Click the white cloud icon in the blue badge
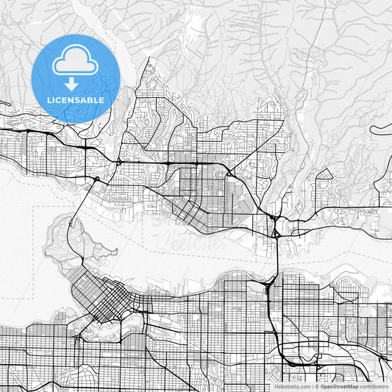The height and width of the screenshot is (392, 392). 76,60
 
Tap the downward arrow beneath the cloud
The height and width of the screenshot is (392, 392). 76,84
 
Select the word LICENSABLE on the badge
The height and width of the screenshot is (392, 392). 76,100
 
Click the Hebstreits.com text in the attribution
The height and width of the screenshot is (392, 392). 293,386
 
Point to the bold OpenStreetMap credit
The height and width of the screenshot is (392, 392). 339,386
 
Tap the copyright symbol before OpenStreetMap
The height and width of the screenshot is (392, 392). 316,386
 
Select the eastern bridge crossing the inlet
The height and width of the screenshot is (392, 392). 276,254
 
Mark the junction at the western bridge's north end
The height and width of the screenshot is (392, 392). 96,179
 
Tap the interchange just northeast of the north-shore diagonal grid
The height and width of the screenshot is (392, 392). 229,174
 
